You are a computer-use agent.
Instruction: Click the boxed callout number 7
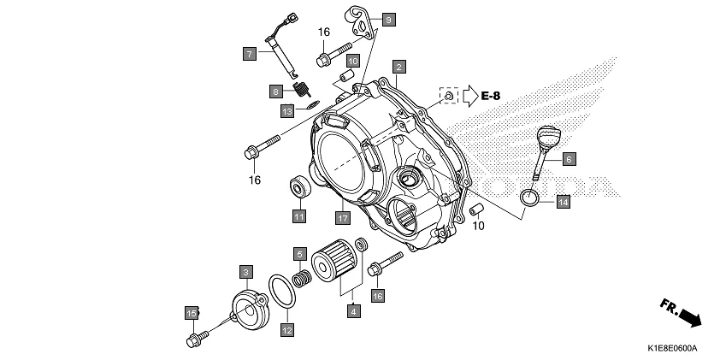(x=249, y=54)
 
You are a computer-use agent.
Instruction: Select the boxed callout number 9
(x=388, y=19)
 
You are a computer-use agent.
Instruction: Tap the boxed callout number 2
(x=399, y=65)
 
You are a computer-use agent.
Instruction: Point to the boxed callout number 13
(x=287, y=111)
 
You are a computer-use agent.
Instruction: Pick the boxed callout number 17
(x=342, y=216)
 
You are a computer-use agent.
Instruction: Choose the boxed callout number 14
(x=562, y=202)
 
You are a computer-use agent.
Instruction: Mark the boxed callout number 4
(x=352, y=311)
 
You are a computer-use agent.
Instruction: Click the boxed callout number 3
(x=245, y=272)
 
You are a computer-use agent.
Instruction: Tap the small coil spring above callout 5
(x=301, y=279)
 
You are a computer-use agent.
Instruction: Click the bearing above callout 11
(x=298, y=186)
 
